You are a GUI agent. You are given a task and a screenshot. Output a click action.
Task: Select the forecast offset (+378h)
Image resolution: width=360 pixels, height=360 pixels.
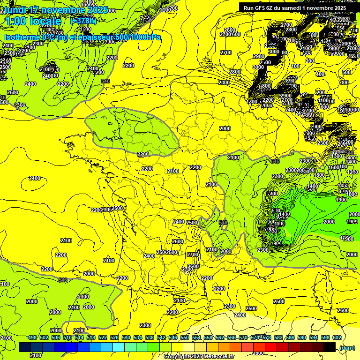83,21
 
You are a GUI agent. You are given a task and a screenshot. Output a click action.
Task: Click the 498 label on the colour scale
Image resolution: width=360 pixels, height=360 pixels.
32,338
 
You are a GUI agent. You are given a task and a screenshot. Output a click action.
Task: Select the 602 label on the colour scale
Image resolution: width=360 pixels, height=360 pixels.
337,338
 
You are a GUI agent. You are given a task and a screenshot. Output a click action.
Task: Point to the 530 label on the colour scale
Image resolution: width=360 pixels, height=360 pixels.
126,338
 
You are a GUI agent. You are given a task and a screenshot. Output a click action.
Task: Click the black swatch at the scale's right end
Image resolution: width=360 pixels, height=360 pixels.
330,347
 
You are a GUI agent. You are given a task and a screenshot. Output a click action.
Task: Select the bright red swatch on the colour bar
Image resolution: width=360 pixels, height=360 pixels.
271,347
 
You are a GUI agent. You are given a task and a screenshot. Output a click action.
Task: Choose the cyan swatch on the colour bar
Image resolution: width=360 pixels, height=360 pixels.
119,347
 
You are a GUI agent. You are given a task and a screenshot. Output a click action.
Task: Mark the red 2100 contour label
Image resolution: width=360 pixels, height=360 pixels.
211,185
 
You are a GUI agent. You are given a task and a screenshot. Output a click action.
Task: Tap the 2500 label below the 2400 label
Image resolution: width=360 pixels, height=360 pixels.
192,223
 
